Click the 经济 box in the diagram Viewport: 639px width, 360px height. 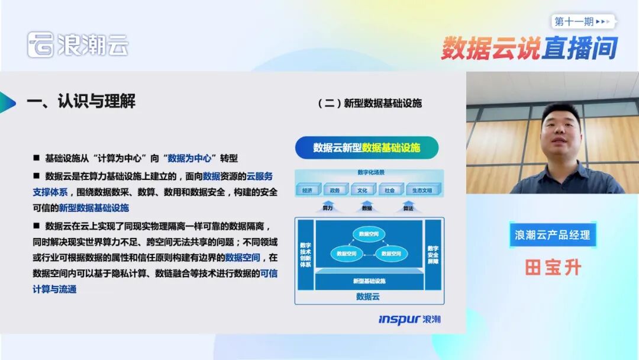[x=307, y=190]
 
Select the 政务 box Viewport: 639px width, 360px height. [x=335, y=190]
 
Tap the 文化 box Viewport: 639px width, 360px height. [x=363, y=190]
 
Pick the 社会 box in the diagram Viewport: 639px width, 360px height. [x=389, y=190]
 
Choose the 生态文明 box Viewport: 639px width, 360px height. [x=422, y=190]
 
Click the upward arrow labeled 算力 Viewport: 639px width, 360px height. [x=328, y=206]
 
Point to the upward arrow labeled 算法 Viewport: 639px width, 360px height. [x=408, y=206]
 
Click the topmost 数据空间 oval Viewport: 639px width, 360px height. [x=369, y=233]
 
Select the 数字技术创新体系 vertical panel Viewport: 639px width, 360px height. [x=305, y=254]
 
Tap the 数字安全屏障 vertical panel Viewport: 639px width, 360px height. [x=433, y=254]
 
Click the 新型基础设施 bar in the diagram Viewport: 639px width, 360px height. [x=369, y=280]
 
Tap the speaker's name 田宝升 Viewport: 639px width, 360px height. [x=553, y=267]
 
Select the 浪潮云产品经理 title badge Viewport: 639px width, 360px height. [x=553, y=235]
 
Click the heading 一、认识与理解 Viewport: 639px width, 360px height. [x=81, y=101]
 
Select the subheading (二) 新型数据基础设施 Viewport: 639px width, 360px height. [x=370, y=103]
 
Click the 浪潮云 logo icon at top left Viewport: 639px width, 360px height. [x=40, y=45]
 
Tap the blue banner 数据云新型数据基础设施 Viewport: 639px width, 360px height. [x=367, y=147]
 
